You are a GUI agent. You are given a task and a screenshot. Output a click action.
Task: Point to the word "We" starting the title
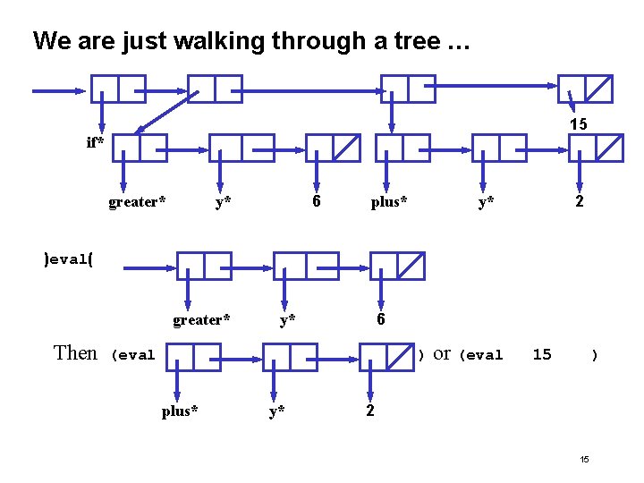[48, 41]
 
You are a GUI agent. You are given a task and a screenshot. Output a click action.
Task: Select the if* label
[95, 142]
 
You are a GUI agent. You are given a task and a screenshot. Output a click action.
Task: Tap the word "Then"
[75, 352]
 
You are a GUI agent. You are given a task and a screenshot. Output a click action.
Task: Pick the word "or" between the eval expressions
[442, 353]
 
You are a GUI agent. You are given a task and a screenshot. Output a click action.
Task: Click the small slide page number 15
[584, 460]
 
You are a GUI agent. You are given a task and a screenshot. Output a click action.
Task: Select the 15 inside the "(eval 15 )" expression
[542, 354]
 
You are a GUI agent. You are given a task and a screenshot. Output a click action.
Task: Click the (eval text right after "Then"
[132, 355]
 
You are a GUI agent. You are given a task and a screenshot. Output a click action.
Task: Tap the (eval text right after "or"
[481, 355]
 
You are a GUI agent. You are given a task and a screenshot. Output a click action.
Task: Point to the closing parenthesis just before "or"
[420, 355]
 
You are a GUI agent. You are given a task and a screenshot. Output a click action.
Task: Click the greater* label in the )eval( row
[201, 319]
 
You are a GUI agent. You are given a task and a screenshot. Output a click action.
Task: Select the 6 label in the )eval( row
[381, 319]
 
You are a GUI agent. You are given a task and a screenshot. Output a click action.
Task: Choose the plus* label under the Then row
[180, 411]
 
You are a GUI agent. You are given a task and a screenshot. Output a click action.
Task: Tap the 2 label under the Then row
[369, 411]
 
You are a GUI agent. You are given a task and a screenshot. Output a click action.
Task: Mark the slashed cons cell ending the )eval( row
[397, 266]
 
